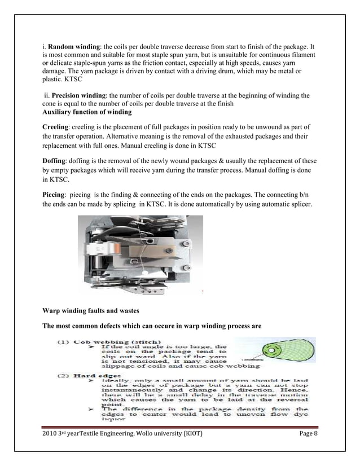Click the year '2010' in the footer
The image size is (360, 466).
click(51, 433)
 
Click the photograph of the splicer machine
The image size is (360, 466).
click(139, 255)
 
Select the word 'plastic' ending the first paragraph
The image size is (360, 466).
click(53, 80)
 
